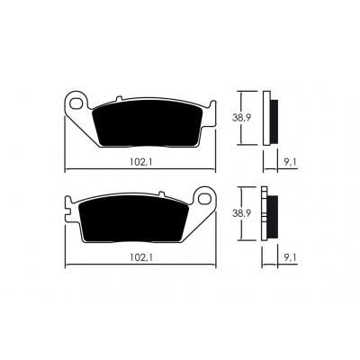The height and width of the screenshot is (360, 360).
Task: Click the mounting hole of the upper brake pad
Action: (x=76, y=103)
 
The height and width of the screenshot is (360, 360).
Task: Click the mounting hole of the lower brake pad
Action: (x=204, y=199)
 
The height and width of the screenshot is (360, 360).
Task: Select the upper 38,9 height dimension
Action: (x=242, y=118)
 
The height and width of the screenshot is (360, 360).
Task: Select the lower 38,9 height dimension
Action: (x=242, y=213)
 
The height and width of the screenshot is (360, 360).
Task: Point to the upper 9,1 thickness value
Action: (x=290, y=162)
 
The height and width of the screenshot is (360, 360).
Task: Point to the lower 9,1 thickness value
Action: (x=290, y=257)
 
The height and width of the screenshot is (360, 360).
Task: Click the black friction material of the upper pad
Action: (x=148, y=123)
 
